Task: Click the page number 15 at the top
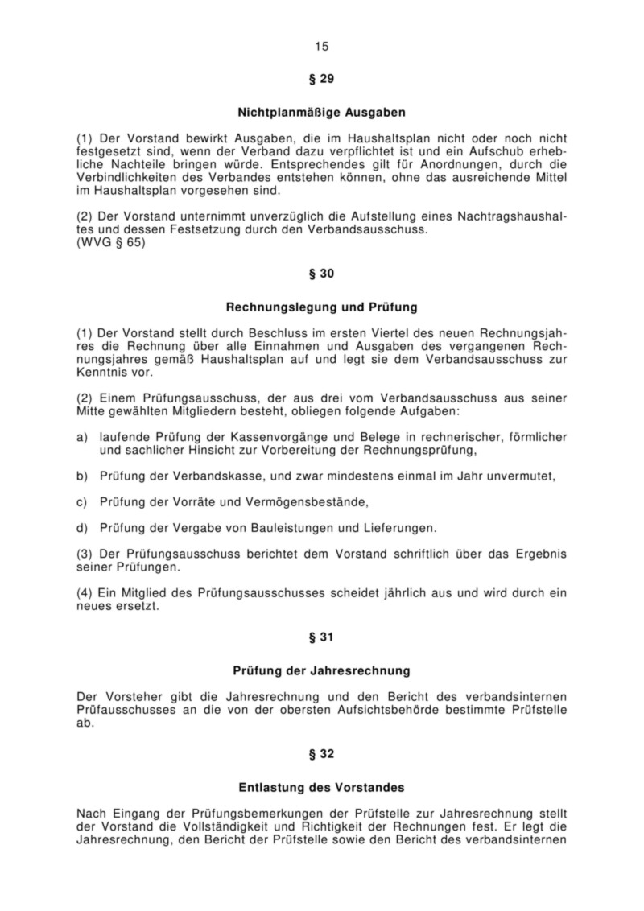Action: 322,46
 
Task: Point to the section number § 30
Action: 321,274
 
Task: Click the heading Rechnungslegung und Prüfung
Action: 321,307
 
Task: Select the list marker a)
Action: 81,437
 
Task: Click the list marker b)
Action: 81,476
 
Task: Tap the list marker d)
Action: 81,528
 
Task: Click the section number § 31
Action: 321,637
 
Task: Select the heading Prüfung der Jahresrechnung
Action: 321,670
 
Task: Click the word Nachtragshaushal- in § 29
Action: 512,216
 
